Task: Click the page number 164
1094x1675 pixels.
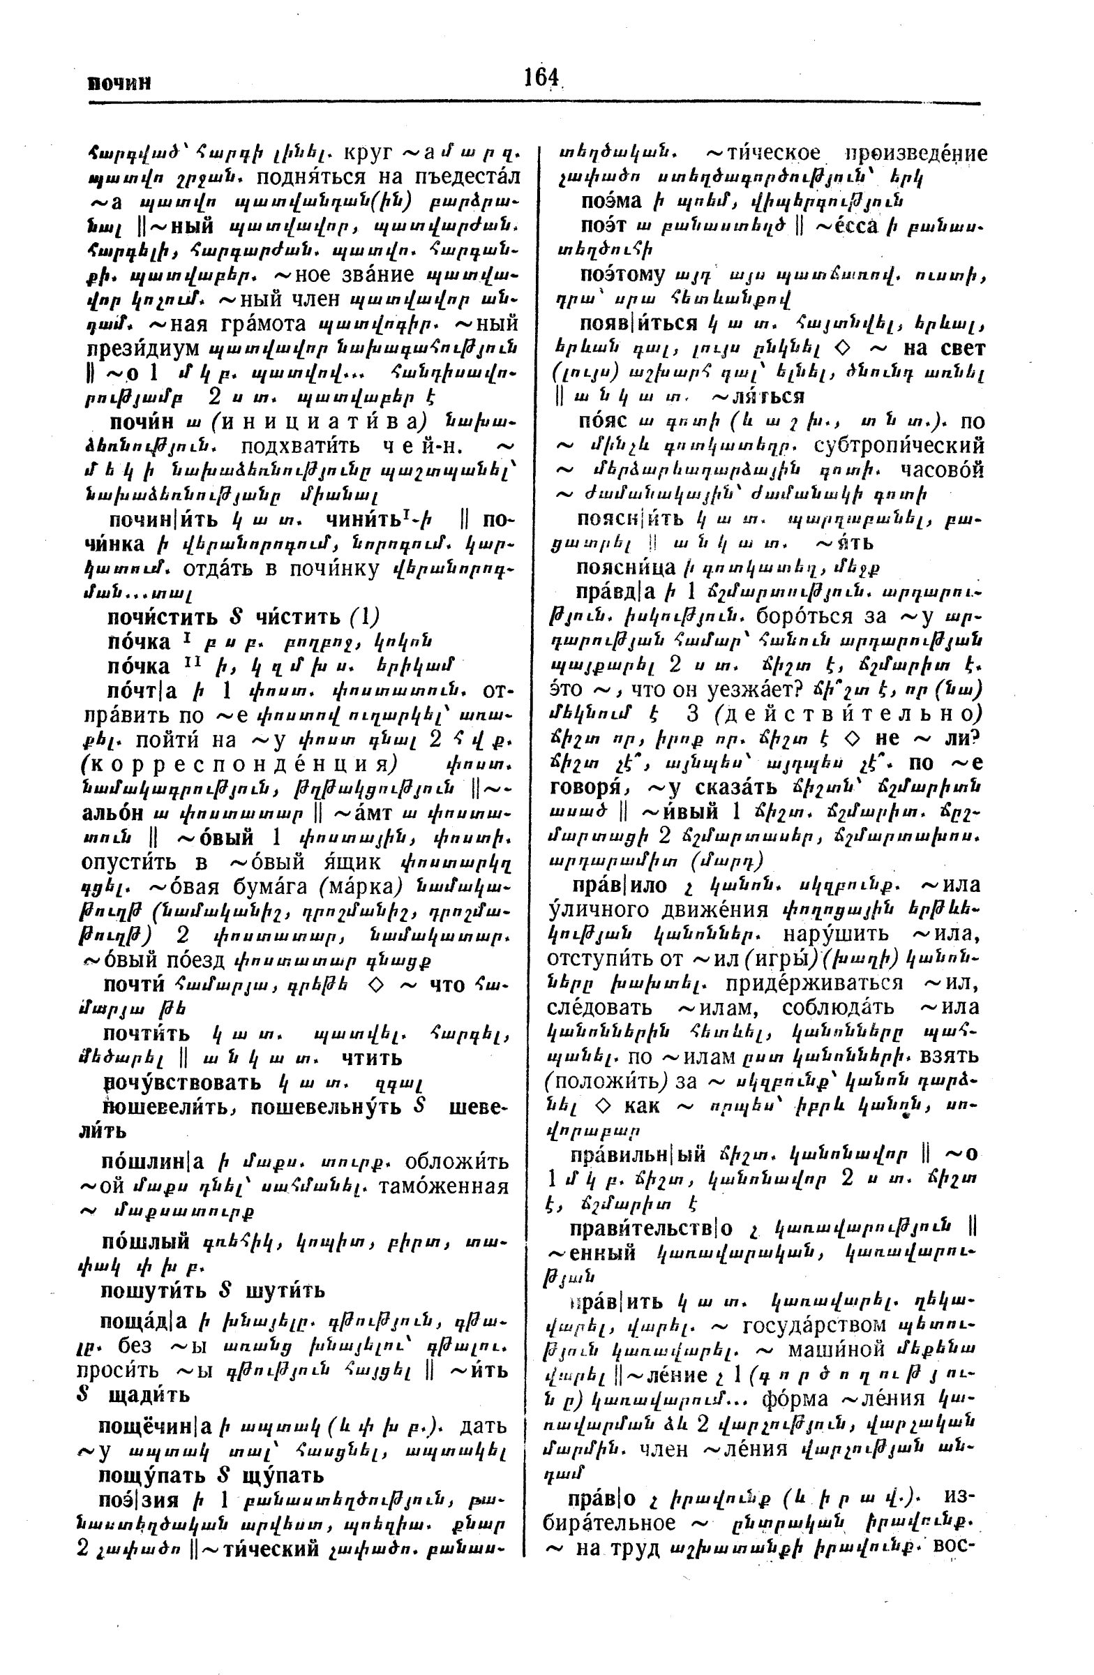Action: tap(541, 77)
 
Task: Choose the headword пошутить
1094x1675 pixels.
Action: tap(153, 1290)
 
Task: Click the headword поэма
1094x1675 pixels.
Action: tap(610, 201)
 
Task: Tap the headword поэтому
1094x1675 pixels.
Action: tap(621, 274)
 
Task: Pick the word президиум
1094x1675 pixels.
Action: tap(144, 349)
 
